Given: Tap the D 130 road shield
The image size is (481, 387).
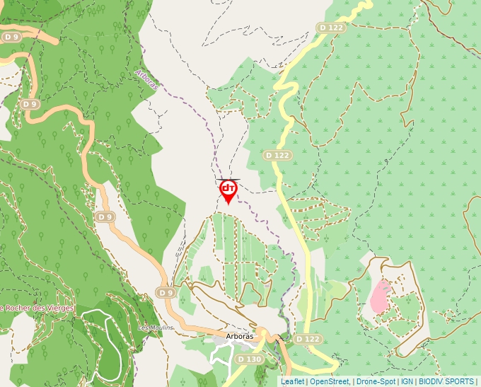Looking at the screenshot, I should tap(249, 359).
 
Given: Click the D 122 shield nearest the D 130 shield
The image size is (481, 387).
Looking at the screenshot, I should tap(308, 340).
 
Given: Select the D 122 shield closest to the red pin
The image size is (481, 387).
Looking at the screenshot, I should tap(277, 155).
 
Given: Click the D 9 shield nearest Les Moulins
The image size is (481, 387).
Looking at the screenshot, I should tap(166, 292).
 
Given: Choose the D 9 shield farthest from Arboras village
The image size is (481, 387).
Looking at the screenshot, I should tap(11, 37).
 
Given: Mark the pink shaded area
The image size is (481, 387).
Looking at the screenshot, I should tap(380, 297).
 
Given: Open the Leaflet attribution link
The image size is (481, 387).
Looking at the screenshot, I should tap(292, 381).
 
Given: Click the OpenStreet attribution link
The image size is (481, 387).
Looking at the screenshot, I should tap(329, 381).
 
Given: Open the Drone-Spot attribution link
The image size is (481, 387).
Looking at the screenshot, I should tap(376, 381).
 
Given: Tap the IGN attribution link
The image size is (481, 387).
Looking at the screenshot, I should tap(407, 381).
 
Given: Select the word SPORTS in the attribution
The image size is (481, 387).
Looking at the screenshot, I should tap(460, 381).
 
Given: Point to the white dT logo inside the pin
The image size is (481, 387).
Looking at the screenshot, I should tap(228, 187).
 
